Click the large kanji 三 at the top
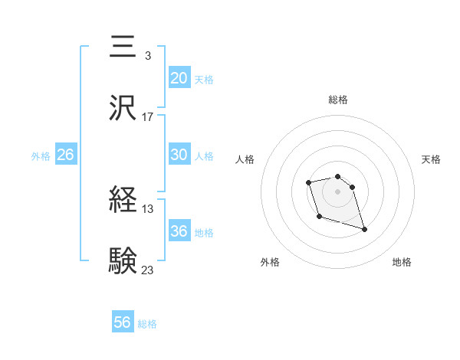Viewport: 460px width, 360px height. pyautogui.click(x=123, y=47)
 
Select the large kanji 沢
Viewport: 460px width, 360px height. pyautogui.click(x=123, y=108)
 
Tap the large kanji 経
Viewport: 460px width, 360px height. pyautogui.click(x=123, y=201)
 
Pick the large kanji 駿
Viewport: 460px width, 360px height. pyautogui.click(x=123, y=261)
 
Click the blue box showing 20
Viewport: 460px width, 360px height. pyautogui.click(x=179, y=78)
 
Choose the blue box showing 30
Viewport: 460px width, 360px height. pyautogui.click(x=179, y=155)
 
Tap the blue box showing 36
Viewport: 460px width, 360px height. pyautogui.click(x=179, y=231)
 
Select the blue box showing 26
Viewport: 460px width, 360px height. pyautogui.click(x=65, y=155)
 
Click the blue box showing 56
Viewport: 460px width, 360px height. pyautogui.click(x=123, y=322)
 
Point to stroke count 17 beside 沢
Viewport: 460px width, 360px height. pyautogui.click(x=148, y=117)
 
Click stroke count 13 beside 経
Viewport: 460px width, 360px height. pyautogui.click(x=148, y=209)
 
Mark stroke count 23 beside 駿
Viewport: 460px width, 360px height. pyautogui.click(x=148, y=270)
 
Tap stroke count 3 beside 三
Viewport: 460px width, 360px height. pyautogui.click(x=147, y=56)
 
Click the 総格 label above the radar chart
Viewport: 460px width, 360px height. pyautogui.click(x=338, y=100)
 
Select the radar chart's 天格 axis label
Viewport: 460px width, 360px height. pyautogui.click(x=432, y=159)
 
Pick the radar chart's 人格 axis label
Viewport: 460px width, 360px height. pyautogui.click(x=245, y=159)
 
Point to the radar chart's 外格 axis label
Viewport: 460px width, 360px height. pyautogui.click(x=270, y=262)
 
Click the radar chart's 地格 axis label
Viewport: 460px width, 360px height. pyautogui.click(x=402, y=262)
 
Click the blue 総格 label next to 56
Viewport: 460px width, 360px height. pyautogui.click(x=147, y=324)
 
